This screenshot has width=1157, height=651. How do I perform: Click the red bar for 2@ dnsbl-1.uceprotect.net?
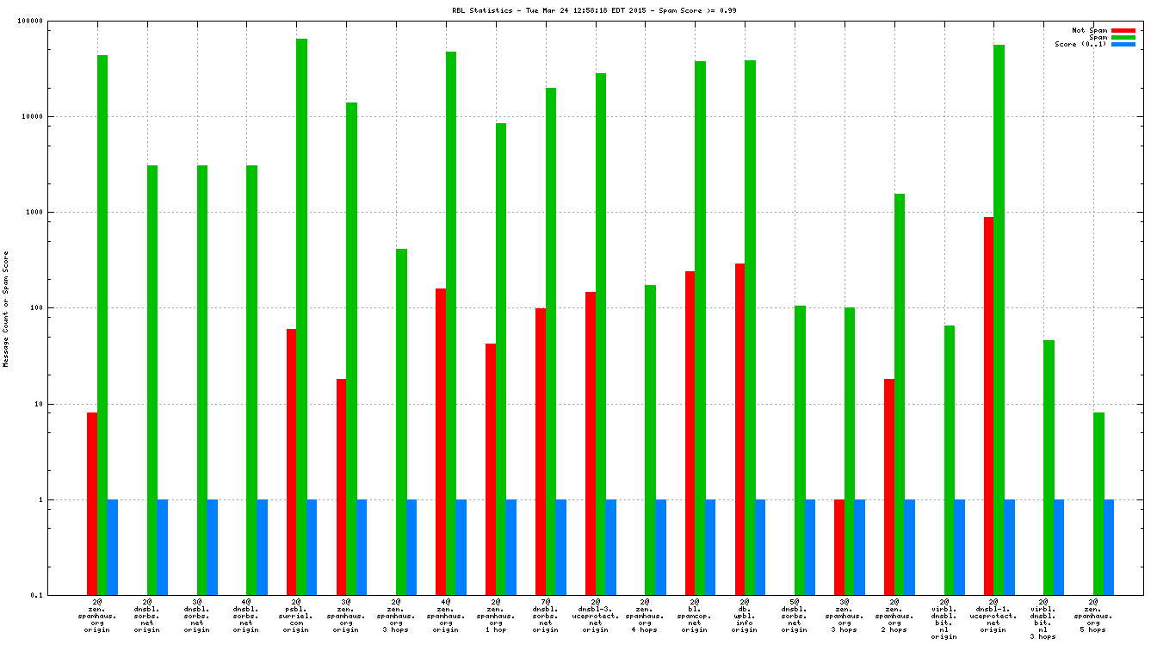pyautogui.click(x=989, y=406)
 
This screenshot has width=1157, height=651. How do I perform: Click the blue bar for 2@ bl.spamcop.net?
pyautogui.click(x=710, y=547)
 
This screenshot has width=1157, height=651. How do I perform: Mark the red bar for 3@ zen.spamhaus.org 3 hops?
pyautogui.click(x=839, y=547)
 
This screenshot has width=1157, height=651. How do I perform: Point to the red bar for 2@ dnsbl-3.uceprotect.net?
pyautogui.click(x=591, y=443)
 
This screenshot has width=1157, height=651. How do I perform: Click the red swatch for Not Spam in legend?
pyautogui.click(x=1123, y=30)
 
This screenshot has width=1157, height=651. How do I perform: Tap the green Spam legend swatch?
pyautogui.click(x=1123, y=37)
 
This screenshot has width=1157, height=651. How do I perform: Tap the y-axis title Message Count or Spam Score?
pyautogui.click(x=6, y=308)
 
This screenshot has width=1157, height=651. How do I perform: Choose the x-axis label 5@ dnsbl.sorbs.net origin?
pyautogui.click(x=794, y=616)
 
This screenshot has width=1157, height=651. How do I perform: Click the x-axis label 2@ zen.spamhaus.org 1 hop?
pyautogui.click(x=495, y=616)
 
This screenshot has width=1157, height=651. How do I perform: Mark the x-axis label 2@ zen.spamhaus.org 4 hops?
pyautogui.click(x=645, y=616)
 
